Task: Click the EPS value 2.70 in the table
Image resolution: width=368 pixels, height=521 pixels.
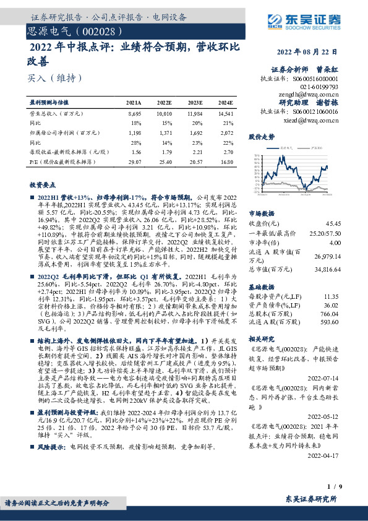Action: click(x=227, y=151)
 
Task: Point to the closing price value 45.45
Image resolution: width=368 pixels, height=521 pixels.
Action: click(x=333, y=223)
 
